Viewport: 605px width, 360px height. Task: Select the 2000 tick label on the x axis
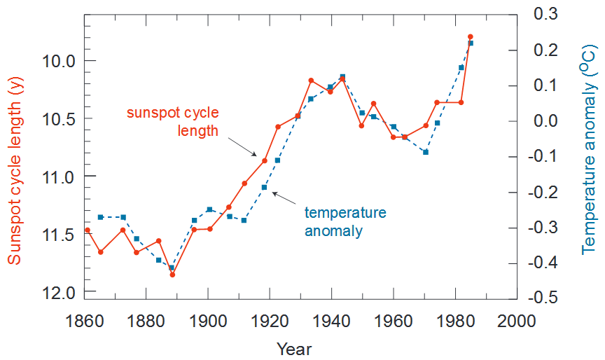click(517, 321)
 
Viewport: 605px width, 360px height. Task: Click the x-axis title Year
click(294, 348)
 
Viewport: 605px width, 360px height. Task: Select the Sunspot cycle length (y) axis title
click(15, 172)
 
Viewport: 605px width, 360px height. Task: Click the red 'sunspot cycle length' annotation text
click(173, 121)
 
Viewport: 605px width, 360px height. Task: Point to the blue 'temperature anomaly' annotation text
click(345, 221)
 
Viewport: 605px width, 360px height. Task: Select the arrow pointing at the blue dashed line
click(286, 199)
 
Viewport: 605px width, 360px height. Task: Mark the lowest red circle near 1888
click(172, 275)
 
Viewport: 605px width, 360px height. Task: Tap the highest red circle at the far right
click(471, 36)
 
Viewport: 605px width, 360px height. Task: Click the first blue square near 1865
click(100, 217)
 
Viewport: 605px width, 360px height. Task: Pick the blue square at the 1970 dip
click(425, 152)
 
